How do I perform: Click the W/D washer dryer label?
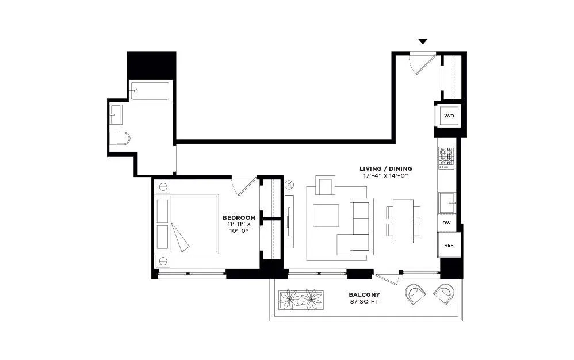coord(449,116)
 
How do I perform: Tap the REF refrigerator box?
coord(449,245)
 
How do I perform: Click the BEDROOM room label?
coord(239,217)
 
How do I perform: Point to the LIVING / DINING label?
coord(385,168)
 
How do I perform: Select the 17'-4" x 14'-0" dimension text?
coord(385,176)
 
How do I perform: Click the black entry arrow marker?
coord(423,41)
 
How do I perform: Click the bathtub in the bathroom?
coord(150,91)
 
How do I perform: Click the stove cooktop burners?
coord(446,158)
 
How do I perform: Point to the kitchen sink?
coord(447,202)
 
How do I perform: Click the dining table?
coord(404,221)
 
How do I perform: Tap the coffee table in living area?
coord(326,215)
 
